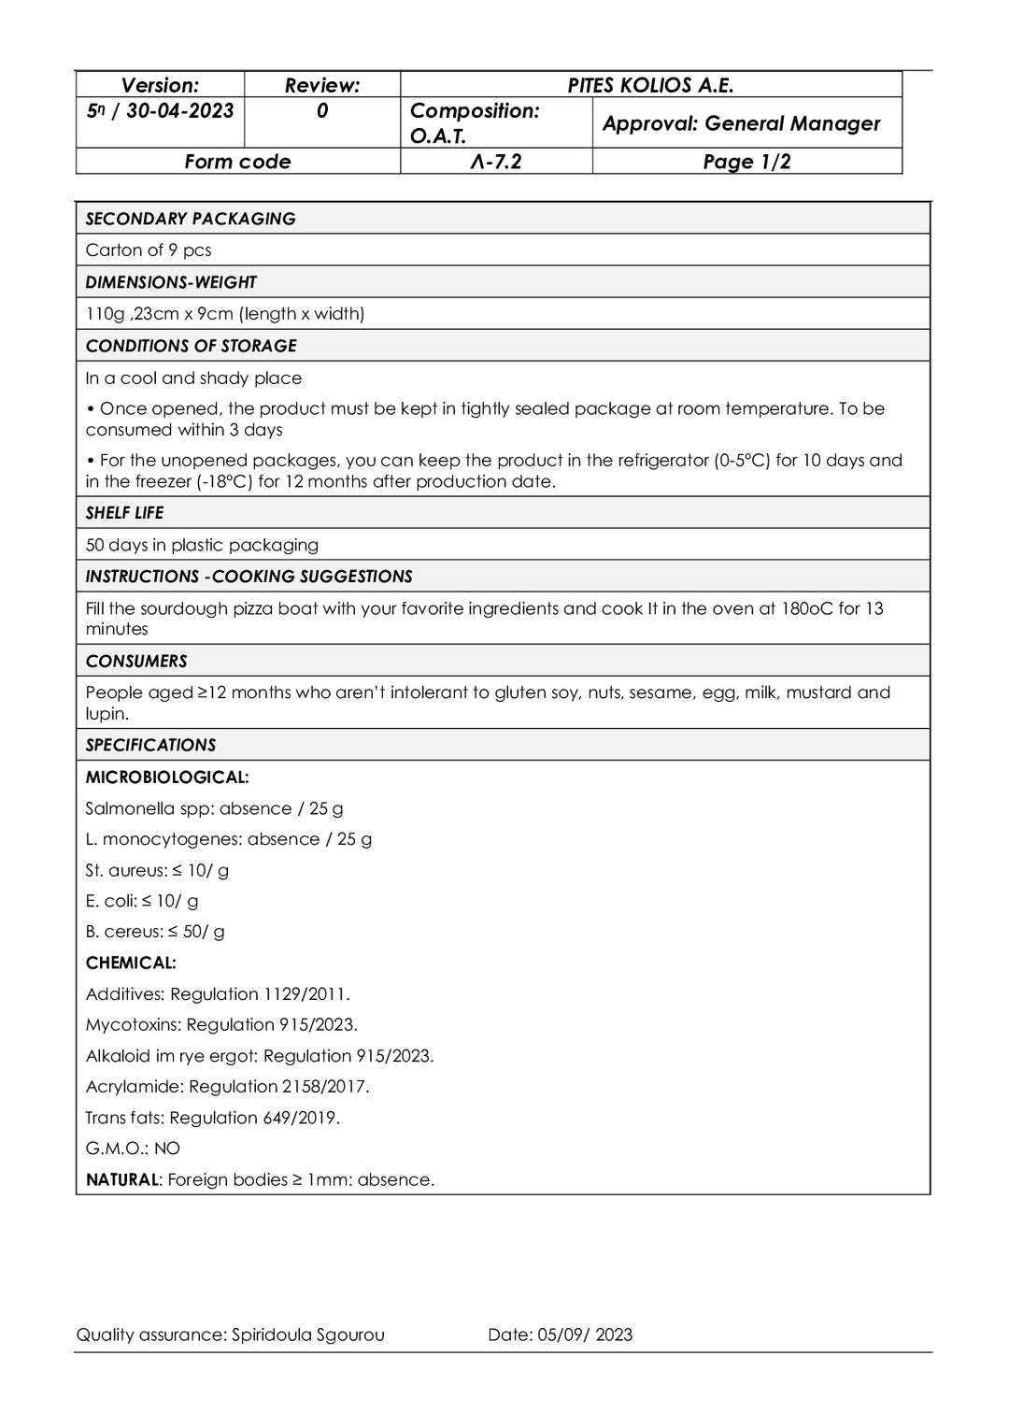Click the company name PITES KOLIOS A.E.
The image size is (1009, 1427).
650,85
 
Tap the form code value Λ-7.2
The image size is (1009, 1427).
496,162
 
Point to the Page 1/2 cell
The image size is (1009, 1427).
746,162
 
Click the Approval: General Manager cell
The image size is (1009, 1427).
741,123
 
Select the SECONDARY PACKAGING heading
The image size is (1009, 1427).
191,219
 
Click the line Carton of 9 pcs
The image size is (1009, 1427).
149,250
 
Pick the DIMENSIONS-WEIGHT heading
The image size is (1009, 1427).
171,282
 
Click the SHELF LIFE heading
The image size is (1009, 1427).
124,513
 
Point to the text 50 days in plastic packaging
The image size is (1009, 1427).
202,545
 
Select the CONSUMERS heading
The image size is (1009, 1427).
136,662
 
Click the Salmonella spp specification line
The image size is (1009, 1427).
214,809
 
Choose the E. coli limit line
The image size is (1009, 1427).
142,902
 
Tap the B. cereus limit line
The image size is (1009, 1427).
155,932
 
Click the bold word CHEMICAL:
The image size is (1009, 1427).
131,963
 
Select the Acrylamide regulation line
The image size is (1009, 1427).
227,1087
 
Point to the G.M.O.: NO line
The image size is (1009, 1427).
133,1149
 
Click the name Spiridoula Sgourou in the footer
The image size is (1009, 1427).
307,1335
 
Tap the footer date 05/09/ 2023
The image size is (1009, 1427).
585,1335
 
